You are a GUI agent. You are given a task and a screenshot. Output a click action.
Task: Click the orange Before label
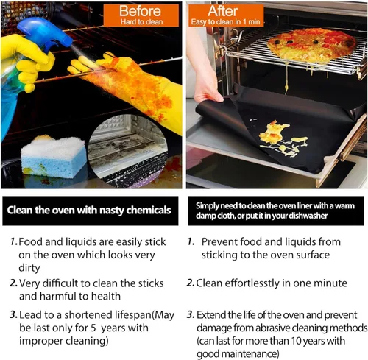[x=141, y=15]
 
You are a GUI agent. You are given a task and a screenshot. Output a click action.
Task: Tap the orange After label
[x=226, y=15]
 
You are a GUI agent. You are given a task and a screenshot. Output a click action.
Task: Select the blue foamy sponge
[x=54, y=156]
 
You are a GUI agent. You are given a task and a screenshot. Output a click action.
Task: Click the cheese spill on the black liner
[x=282, y=138]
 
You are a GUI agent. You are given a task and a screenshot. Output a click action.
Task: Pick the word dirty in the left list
[x=29, y=268]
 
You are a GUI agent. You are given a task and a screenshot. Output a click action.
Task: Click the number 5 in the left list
[x=93, y=328]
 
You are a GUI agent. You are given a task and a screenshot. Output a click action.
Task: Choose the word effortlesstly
[x=252, y=283]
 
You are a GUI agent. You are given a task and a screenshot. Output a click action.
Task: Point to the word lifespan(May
[x=145, y=315]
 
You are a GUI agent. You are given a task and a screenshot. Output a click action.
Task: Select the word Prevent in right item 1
[x=219, y=242]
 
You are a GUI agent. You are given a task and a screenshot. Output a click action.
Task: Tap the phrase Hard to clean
[x=141, y=22]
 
